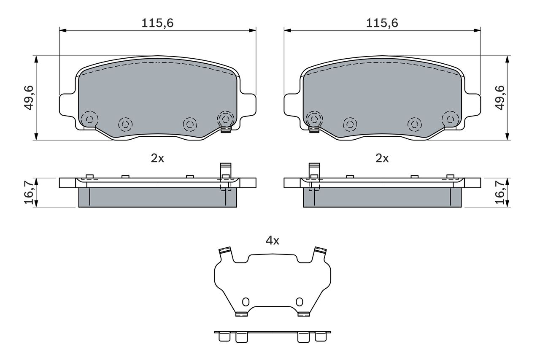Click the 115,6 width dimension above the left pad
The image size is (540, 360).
coord(158,23)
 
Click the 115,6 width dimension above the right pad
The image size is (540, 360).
coord(382,23)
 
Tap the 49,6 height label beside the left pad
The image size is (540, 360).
coord(29,97)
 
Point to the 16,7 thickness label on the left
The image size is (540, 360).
coord(29,192)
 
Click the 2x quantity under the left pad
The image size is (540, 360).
coord(157,158)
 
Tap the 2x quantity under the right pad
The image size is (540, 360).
coord(382,158)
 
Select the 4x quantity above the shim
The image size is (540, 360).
coord(272,241)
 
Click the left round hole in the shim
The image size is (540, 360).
coord(246,301)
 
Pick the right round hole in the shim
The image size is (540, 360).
coord(299,301)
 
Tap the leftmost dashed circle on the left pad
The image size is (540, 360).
coord(89,119)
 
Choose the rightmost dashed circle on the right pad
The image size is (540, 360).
coord(450,118)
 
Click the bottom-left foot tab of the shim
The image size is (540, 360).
coord(241,314)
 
